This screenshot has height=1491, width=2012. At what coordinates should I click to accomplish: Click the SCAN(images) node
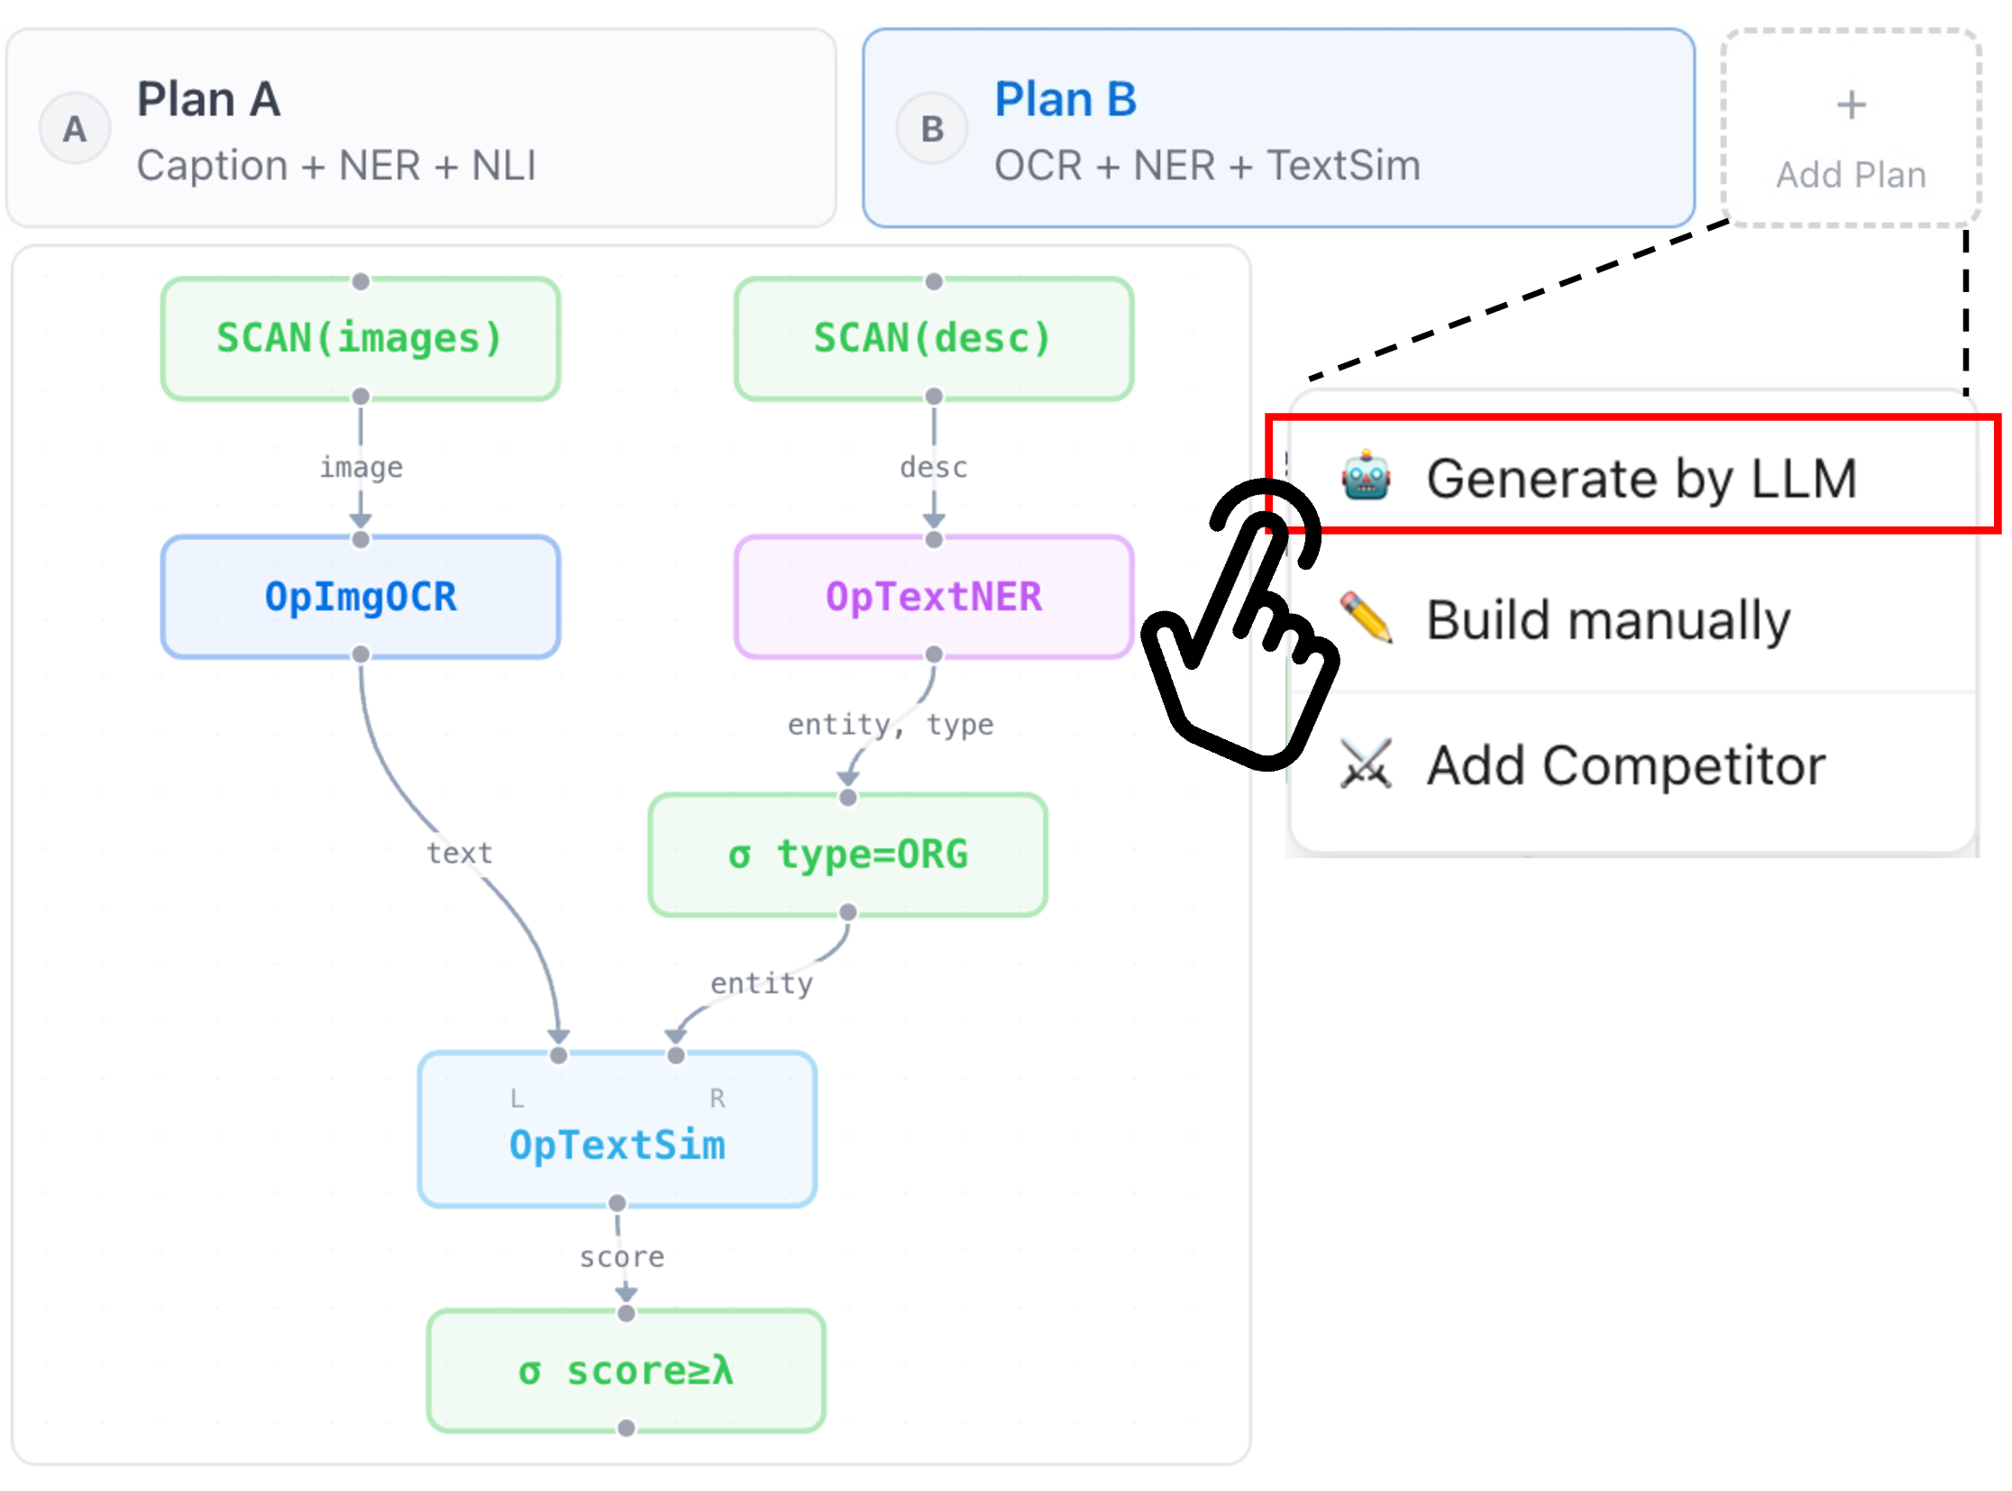(x=361, y=338)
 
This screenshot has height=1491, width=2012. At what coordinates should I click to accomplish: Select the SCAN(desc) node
(x=933, y=338)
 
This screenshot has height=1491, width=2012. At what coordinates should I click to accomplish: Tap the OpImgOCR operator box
(x=361, y=597)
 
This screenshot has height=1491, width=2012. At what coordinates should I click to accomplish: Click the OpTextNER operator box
(x=933, y=597)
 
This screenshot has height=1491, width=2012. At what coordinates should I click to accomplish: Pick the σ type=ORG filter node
(x=847, y=855)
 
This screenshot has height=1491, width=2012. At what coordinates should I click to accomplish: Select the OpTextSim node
(x=617, y=1129)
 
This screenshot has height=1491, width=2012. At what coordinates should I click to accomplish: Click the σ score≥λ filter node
(x=626, y=1370)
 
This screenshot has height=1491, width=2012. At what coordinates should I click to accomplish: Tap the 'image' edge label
(x=361, y=468)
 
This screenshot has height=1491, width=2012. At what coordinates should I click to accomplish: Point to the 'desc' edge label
(x=933, y=468)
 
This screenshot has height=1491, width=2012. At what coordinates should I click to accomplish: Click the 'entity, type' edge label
(x=890, y=725)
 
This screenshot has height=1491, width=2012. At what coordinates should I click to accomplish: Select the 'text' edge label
(x=460, y=853)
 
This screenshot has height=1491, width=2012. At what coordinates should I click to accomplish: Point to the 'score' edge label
(x=622, y=1258)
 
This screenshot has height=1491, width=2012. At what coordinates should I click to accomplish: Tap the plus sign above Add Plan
(x=1852, y=105)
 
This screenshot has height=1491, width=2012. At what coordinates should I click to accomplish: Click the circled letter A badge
(x=75, y=128)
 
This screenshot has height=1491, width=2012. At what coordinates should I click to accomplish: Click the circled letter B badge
(x=931, y=128)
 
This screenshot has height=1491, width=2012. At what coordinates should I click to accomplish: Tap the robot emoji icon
(x=1366, y=475)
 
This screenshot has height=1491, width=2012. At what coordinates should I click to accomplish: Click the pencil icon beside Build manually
(x=1366, y=617)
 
